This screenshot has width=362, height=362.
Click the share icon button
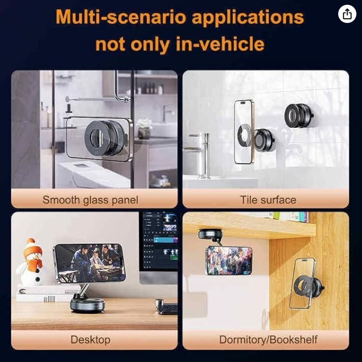(x=347, y=14)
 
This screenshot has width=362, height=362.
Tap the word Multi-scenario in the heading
(x=120, y=18)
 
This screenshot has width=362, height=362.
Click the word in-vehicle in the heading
(x=220, y=44)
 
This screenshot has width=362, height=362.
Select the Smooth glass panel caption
(x=90, y=200)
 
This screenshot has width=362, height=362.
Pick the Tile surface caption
(x=268, y=200)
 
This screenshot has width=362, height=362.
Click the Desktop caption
(x=90, y=340)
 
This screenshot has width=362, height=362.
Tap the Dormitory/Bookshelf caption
(x=268, y=339)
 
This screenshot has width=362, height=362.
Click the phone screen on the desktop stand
(x=90, y=263)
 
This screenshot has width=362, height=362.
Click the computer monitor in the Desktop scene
(x=158, y=248)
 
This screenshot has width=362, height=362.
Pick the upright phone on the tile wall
(x=243, y=132)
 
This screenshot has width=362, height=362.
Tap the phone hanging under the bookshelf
(x=229, y=261)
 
